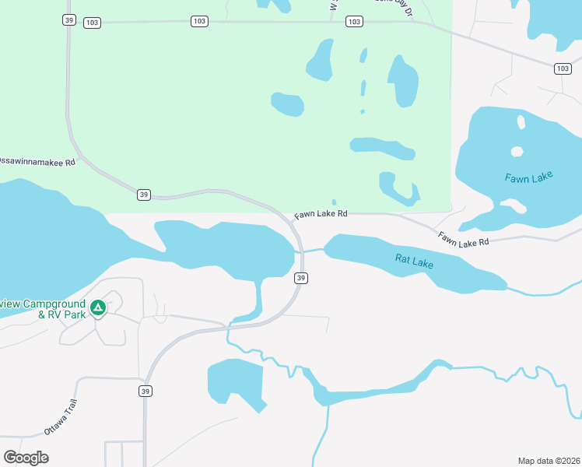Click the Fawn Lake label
(x=528, y=177)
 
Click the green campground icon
(x=98, y=308)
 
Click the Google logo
(x=26, y=458)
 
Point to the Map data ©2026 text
(x=549, y=460)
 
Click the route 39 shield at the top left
(x=69, y=20)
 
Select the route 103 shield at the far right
(x=563, y=68)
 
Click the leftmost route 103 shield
(x=92, y=22)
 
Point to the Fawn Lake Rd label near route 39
(x=320, y=214)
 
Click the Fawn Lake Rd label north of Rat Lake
(x=463, y=240)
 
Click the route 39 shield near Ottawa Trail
(x=145, y=391)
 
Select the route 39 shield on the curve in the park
(x=143, y=195)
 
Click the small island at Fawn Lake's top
(x=520, y=121)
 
